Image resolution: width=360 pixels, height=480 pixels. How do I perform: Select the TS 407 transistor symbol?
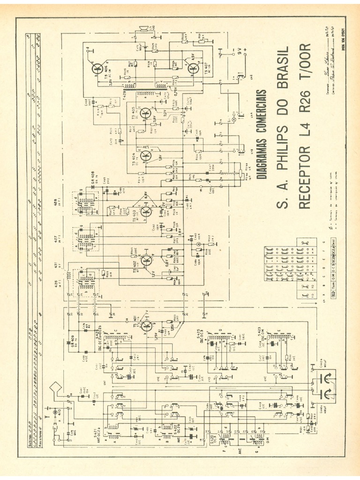[193, 68]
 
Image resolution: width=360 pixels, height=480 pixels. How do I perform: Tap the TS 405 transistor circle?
[146, 112]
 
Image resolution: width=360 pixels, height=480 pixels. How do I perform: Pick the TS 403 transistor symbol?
[146, 212]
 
